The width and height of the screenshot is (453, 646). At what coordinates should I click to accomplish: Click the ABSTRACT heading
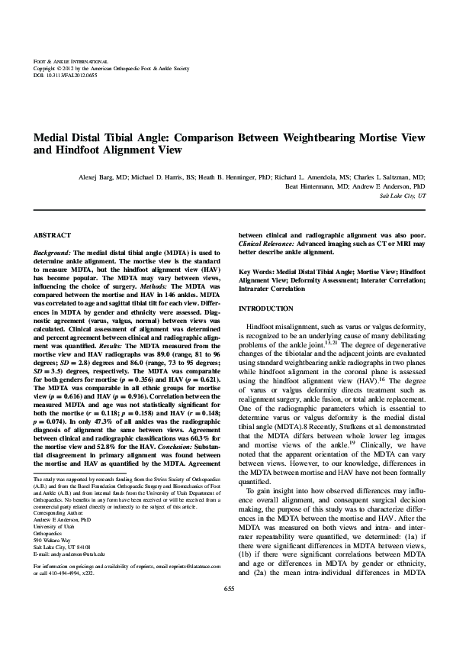(x=53, y=235)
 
